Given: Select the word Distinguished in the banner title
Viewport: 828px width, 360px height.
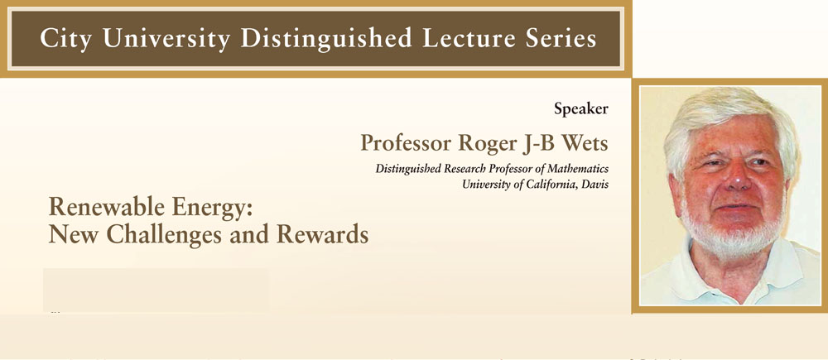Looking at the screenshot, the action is coord(325,39).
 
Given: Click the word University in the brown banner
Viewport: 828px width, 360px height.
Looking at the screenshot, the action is coord(166,39).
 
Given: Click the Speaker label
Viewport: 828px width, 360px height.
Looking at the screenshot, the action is coord(581,110).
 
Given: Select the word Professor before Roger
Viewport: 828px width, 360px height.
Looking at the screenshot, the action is coord(405,142).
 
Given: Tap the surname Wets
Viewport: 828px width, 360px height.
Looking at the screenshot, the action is coord(583,142).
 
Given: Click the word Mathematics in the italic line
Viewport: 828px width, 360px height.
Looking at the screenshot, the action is coord(578,169).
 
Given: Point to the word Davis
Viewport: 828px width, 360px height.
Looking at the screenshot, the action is coord(595,185).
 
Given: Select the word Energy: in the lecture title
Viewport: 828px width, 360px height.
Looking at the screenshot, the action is coord(210,209).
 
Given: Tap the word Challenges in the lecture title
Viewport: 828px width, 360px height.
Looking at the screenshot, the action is coord(164,235).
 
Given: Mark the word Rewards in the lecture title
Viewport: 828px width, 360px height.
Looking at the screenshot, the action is coord(323,234).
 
